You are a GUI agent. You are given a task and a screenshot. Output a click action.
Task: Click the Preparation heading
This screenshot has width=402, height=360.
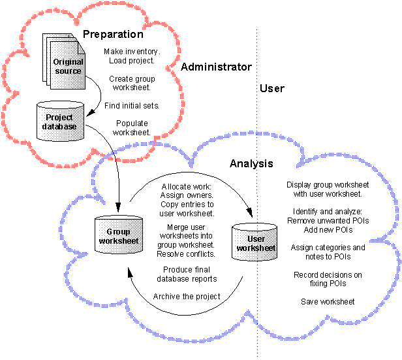click(113, 34)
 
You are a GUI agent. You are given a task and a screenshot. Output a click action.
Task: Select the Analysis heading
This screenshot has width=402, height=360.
click(251, 163)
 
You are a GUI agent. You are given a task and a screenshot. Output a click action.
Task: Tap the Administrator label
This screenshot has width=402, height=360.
click(216, 67)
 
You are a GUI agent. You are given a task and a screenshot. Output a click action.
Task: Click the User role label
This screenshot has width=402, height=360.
click(271, 88)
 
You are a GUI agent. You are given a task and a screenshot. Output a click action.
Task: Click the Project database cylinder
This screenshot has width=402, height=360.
click(60, 122)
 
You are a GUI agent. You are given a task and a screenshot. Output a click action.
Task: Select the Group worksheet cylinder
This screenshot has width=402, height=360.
click(118, 237)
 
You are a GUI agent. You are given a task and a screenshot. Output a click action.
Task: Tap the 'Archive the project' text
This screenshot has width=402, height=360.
click(187, 296)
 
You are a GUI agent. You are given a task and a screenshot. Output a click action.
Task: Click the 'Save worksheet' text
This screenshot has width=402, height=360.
click(328, 301)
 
